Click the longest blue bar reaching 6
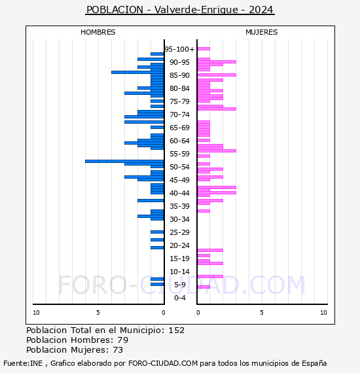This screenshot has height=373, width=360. [124, 161]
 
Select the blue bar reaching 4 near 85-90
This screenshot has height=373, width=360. [137, 73]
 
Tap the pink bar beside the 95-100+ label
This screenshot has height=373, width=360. [204, 49]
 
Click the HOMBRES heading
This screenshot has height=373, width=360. [98, 32]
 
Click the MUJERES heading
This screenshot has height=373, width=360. [262, 32]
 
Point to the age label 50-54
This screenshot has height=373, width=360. [179, 167]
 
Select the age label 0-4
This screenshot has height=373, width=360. [179, 298]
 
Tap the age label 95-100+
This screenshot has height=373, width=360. [179, 49]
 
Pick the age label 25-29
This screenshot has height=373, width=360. [179, 232]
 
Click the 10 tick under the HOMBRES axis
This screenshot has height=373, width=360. [36, 313]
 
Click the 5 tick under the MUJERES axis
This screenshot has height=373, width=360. [262, 313]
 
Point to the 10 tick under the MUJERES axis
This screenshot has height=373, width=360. [323, 313]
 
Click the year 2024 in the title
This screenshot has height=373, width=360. [261, 10]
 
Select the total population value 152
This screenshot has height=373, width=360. [176, 330]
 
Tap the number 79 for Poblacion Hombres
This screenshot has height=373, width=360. [123, 340]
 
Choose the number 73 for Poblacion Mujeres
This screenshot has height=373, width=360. [118, 349]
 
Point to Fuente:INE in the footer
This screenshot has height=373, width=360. [23, 363]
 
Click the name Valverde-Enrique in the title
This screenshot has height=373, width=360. [196, 10]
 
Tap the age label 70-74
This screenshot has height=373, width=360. [179, 115]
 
